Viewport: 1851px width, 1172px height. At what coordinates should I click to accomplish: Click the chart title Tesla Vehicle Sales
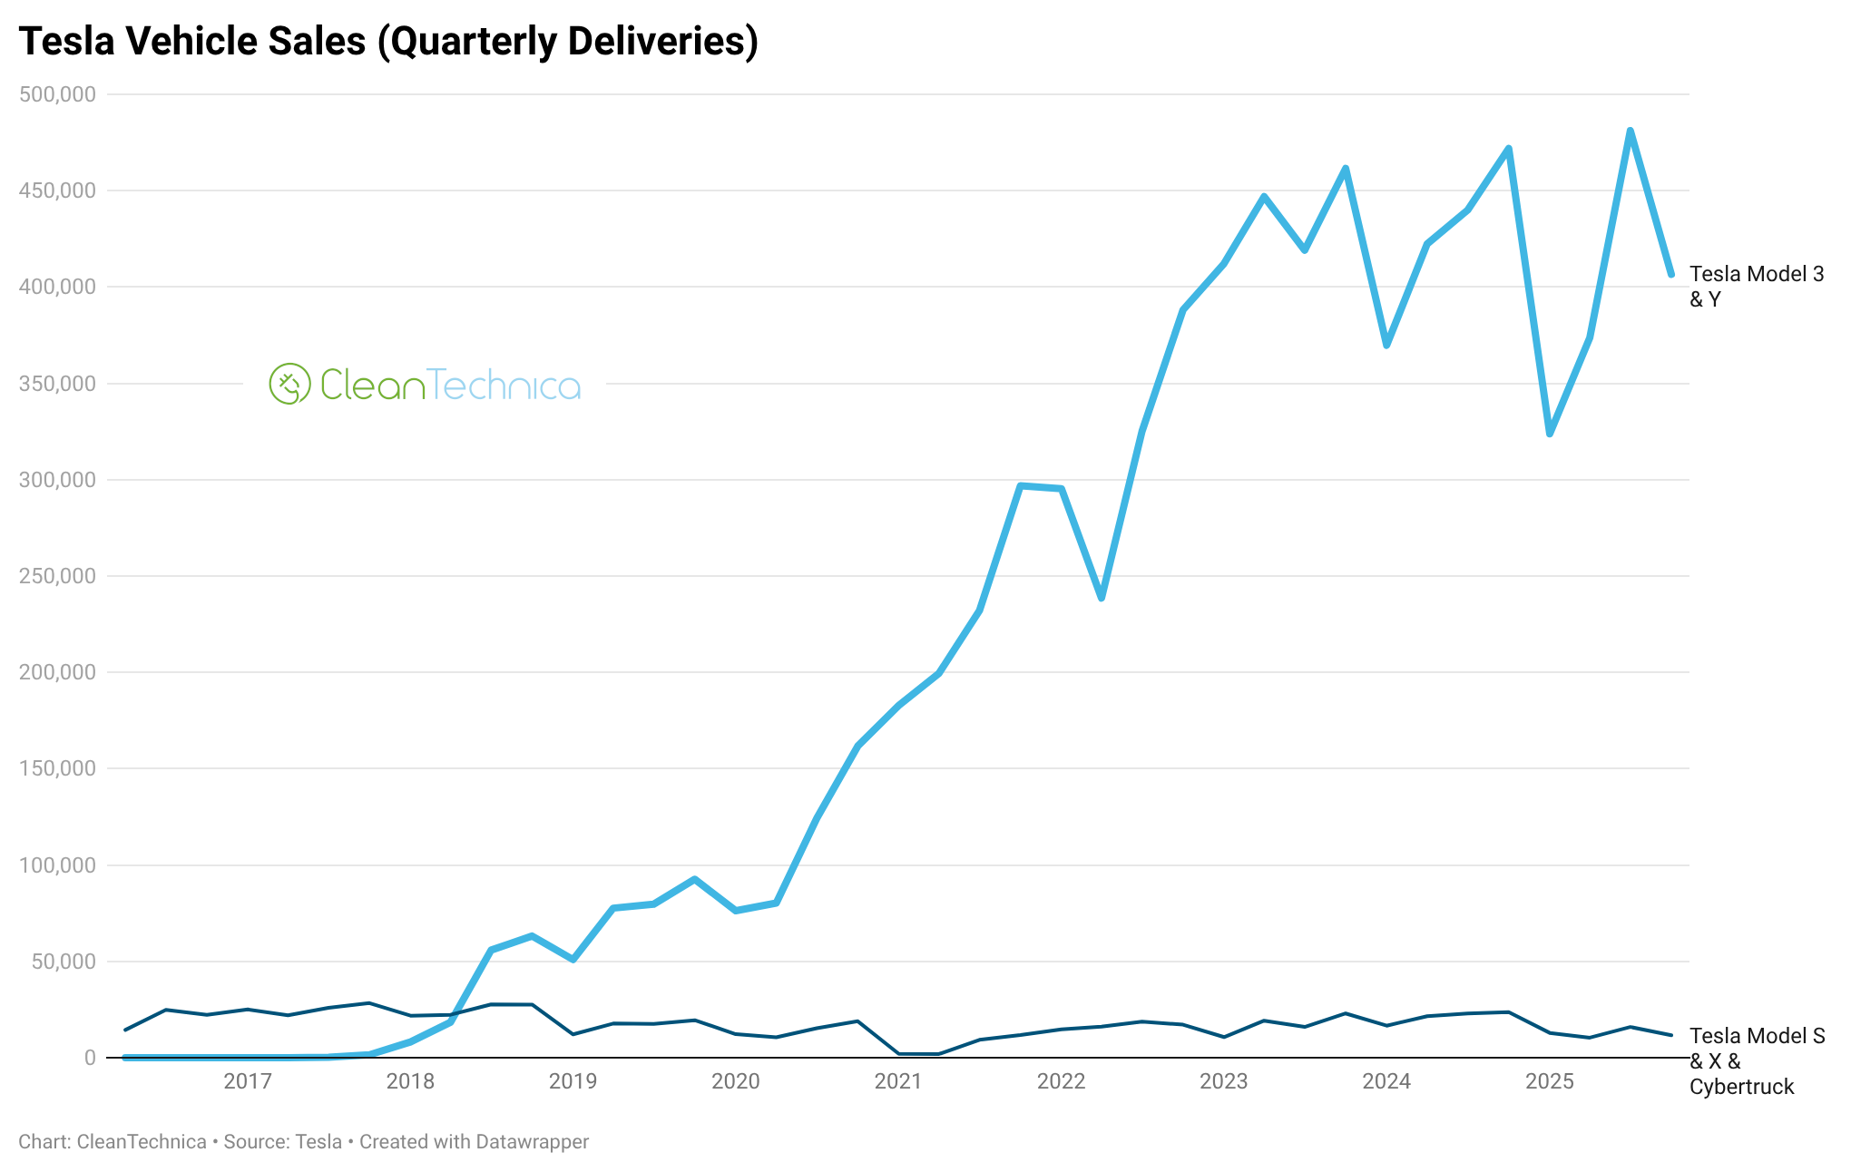(388, 42)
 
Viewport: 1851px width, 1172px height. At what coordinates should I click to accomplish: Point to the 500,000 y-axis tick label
(57, 94)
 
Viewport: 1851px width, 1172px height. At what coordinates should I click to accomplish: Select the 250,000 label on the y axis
(57, 576)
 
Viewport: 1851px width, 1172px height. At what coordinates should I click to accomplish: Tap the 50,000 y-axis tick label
(64, 962)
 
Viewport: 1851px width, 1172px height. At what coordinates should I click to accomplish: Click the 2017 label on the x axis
(248, 1081)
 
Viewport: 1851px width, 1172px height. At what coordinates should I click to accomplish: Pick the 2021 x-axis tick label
(898, 1081)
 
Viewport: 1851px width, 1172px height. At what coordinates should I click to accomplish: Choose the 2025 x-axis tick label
(1550, 1081)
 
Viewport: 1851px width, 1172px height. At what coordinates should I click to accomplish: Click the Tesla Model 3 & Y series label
(1756, 287)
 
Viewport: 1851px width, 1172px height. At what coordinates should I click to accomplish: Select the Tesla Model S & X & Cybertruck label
(1756, 1061)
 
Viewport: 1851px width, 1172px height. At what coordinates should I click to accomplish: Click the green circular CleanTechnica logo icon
(290, 384)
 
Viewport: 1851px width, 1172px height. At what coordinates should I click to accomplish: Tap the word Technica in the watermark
(504, 385)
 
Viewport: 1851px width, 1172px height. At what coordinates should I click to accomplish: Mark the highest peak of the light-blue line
(1630, 132)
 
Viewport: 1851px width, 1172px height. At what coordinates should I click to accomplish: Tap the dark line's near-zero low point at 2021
(916, 1054)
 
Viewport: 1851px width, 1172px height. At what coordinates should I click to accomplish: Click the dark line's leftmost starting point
(125, 1030)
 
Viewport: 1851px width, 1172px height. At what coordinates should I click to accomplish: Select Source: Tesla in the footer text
(282, 1142)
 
